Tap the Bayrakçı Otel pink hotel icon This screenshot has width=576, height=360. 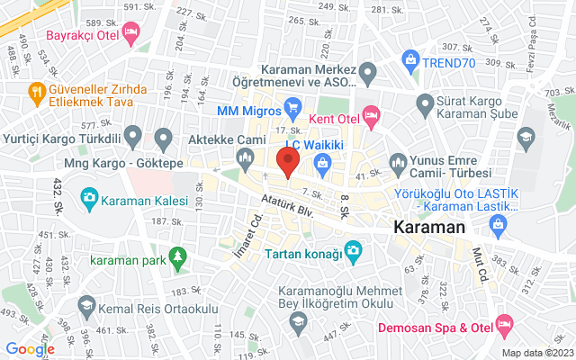(131, 33)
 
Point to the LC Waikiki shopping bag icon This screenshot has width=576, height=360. (322, 161)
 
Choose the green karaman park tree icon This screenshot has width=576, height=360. (178, 259)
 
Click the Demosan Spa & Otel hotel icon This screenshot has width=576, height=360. (503, 322)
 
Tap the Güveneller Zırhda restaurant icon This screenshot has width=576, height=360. (36, 91)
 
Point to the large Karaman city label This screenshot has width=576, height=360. (428, 229)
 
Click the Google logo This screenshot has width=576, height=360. (30, 349)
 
